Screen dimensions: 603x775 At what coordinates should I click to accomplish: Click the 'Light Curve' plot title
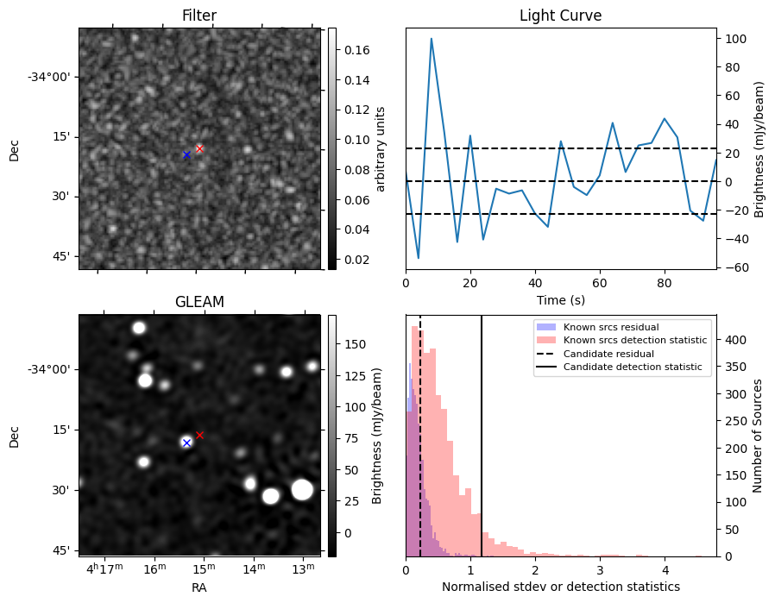pyautogui.click(x=560, y=16)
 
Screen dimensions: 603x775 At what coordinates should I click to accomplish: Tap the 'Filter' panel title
pyautogui.click(x=198, y=16)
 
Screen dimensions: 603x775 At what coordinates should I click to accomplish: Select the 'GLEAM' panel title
pyautogui.click(x=198, y=302)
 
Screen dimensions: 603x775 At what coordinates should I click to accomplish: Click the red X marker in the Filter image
pyautogui.click(x=199, y=148)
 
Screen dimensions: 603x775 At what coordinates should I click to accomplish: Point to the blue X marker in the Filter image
pyautogui.click(x=186, y=154)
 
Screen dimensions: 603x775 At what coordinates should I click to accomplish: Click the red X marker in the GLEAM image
pyautogui.click(x=199, y=435)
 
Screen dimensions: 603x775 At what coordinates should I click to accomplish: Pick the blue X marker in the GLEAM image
pyautogui.click(x=186, y=443)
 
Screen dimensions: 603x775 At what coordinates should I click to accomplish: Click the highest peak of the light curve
pyautogui.click(x=431, y=38)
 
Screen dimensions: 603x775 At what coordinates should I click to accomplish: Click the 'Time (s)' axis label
pyautogui.click(x=560, y=299)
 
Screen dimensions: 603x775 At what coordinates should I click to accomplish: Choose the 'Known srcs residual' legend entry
pyautogui.click(x=611, y=327)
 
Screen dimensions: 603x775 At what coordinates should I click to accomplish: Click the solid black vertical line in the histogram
pyautogui.click(x=482, y=431)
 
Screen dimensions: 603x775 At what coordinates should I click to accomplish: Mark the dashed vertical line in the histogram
pyautogui.click(x=420, y=431)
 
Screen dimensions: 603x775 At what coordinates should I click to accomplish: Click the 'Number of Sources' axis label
pyautogui.click(x=758, y=436)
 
